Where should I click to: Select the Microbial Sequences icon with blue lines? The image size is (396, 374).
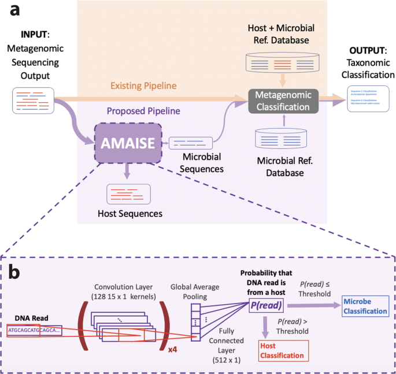190,141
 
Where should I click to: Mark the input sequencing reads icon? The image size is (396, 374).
32,99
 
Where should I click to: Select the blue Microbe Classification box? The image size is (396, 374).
364,307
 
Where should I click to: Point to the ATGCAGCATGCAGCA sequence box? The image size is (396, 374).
30,330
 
